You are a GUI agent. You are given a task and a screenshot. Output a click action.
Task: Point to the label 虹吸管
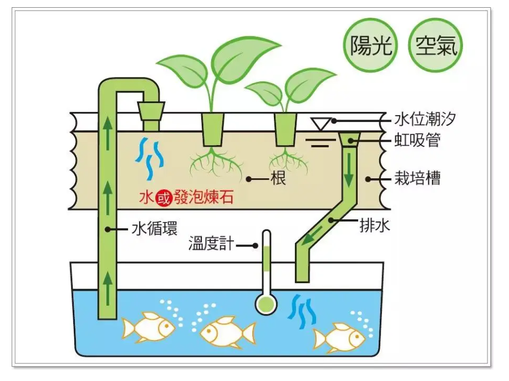(418, 141)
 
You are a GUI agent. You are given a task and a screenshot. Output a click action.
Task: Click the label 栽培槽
(418, 179)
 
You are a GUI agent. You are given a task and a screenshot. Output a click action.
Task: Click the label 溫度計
(212, 244)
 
